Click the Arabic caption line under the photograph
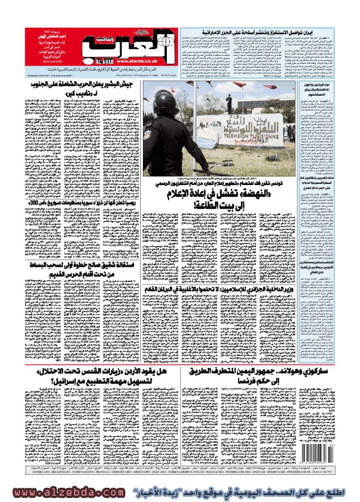(251, 178)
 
